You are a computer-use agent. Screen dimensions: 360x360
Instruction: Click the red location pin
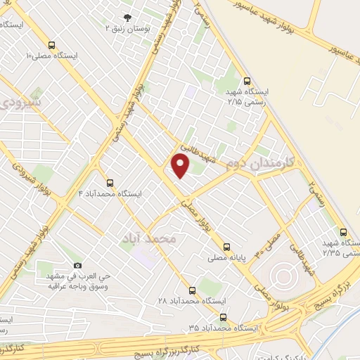point(180,166)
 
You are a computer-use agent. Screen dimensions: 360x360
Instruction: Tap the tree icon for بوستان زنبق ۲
point(127,18)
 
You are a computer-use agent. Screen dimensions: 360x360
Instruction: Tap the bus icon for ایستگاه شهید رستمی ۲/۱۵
point(245,81)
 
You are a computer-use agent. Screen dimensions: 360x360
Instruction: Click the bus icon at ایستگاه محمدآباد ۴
point(108,182)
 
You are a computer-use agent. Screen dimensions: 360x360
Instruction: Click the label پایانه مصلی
point(226,258)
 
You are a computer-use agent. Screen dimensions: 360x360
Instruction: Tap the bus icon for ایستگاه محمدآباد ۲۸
point(193,289)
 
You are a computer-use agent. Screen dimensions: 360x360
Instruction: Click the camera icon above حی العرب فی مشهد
point(77,265)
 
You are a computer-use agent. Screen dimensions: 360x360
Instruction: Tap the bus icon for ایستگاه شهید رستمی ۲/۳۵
point(343,231)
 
